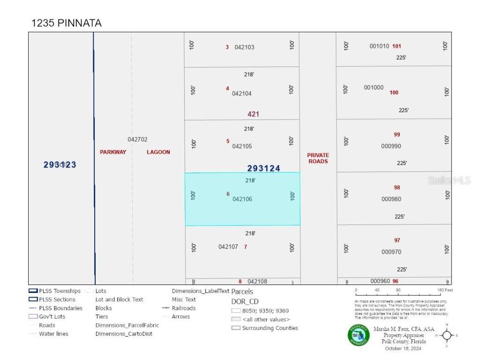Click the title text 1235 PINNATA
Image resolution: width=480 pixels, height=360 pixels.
66,23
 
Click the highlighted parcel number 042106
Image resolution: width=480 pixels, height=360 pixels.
242,199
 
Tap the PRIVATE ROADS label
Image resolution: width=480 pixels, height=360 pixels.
318,158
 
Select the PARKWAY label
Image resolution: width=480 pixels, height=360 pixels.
113,152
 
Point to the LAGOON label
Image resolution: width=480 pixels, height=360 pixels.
158,152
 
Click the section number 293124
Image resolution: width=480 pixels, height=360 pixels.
263,168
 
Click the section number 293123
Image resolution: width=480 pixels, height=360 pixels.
60,165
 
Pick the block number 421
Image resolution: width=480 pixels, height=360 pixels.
253,114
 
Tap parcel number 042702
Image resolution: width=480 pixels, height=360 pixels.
137,139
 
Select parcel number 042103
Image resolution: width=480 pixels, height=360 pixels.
244,47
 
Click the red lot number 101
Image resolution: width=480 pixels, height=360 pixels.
397,46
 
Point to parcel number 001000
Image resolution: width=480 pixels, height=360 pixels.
374,87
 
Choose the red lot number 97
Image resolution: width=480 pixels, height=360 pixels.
397,240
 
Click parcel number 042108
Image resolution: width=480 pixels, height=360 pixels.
257,281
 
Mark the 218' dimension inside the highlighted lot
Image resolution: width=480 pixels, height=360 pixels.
250,180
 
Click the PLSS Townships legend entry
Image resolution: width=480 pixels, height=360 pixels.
60,291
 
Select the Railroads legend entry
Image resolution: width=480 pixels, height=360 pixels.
184,308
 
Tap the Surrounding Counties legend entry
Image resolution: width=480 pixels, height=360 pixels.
270,328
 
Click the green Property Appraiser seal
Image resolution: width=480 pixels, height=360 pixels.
358,335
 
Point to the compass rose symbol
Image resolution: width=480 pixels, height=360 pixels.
446,335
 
